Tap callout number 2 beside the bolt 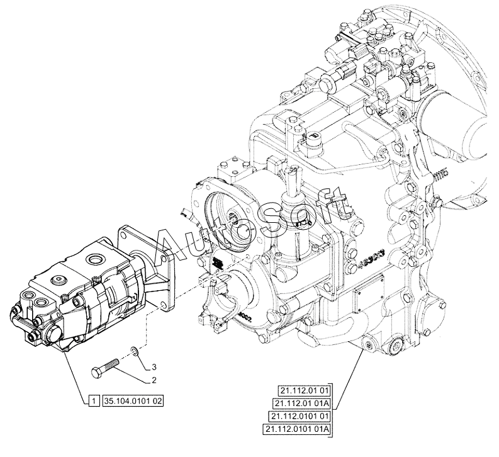click(152, 380)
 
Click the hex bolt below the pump click(106, 366)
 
